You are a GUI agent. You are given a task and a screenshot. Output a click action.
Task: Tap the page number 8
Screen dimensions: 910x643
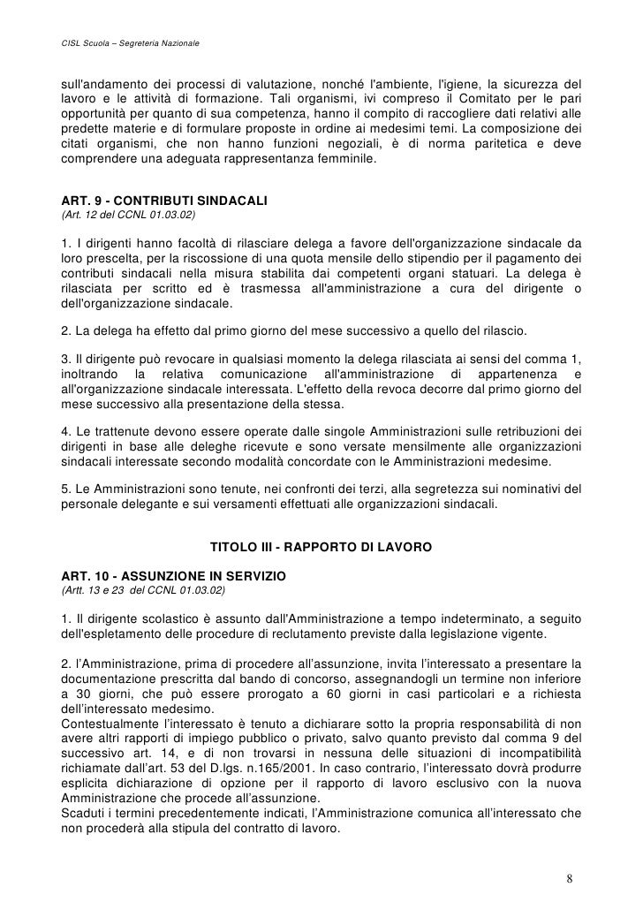pyautogui.click(x=570, y=879)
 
